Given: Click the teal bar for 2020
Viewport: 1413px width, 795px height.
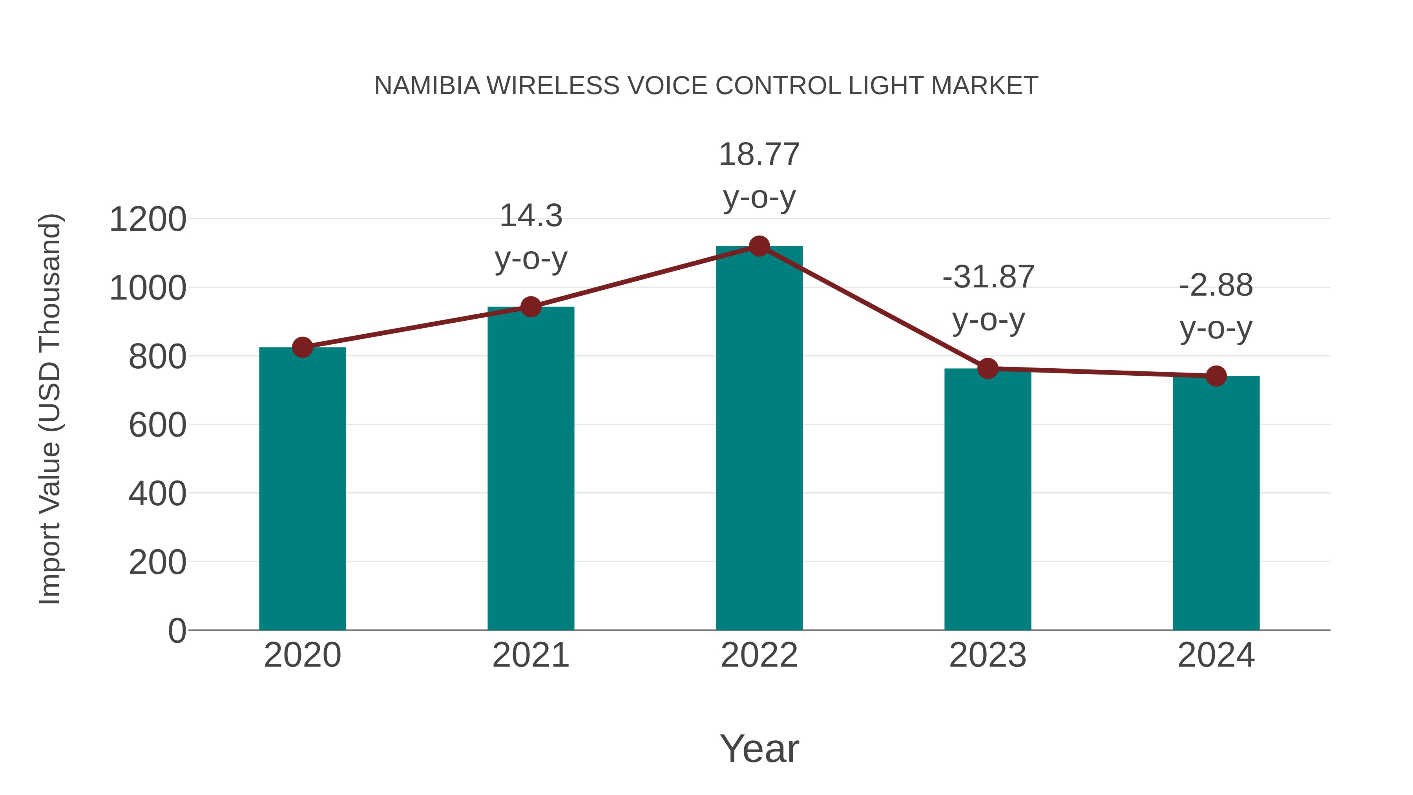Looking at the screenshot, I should (302, 488).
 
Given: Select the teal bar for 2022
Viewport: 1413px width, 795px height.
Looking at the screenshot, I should (759, 439).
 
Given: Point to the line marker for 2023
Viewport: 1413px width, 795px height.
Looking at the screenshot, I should (988, 369).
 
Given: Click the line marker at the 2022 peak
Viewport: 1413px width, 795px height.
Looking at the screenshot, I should (759, 246).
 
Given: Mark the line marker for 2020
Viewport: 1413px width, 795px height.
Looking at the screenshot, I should (302, 347).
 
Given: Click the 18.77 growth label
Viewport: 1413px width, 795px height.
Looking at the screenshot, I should (759, 155).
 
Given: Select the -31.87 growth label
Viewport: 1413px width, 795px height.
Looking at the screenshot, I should (988, 277).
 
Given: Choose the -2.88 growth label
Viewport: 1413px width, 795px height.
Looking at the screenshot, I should (1216, 285).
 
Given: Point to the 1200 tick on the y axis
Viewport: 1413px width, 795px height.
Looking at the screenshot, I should (148, 219).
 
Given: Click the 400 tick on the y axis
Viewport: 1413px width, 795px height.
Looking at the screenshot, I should (157, 494).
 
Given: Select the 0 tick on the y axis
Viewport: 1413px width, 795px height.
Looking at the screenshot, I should (177, 631).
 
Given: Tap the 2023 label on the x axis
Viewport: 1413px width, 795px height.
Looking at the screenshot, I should (988, 655).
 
